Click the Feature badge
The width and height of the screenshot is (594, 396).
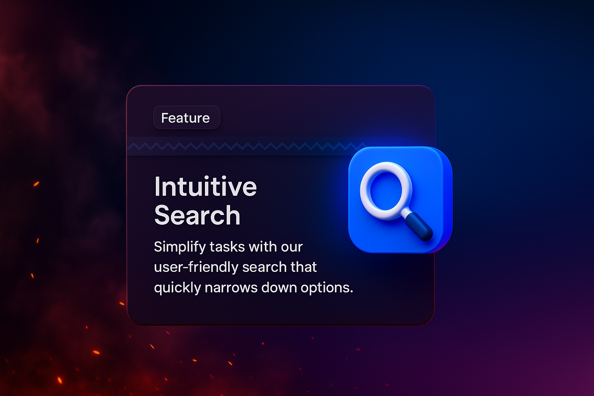(187, 118)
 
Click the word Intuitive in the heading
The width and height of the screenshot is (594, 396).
(205, 186)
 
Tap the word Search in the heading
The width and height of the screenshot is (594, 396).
(197, 215)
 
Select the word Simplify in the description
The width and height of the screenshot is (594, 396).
(180, 247)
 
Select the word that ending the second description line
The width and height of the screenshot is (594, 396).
(304, 267)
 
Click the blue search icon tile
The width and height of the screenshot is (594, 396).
(400, 200)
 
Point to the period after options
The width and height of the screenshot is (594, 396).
(352, 292)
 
